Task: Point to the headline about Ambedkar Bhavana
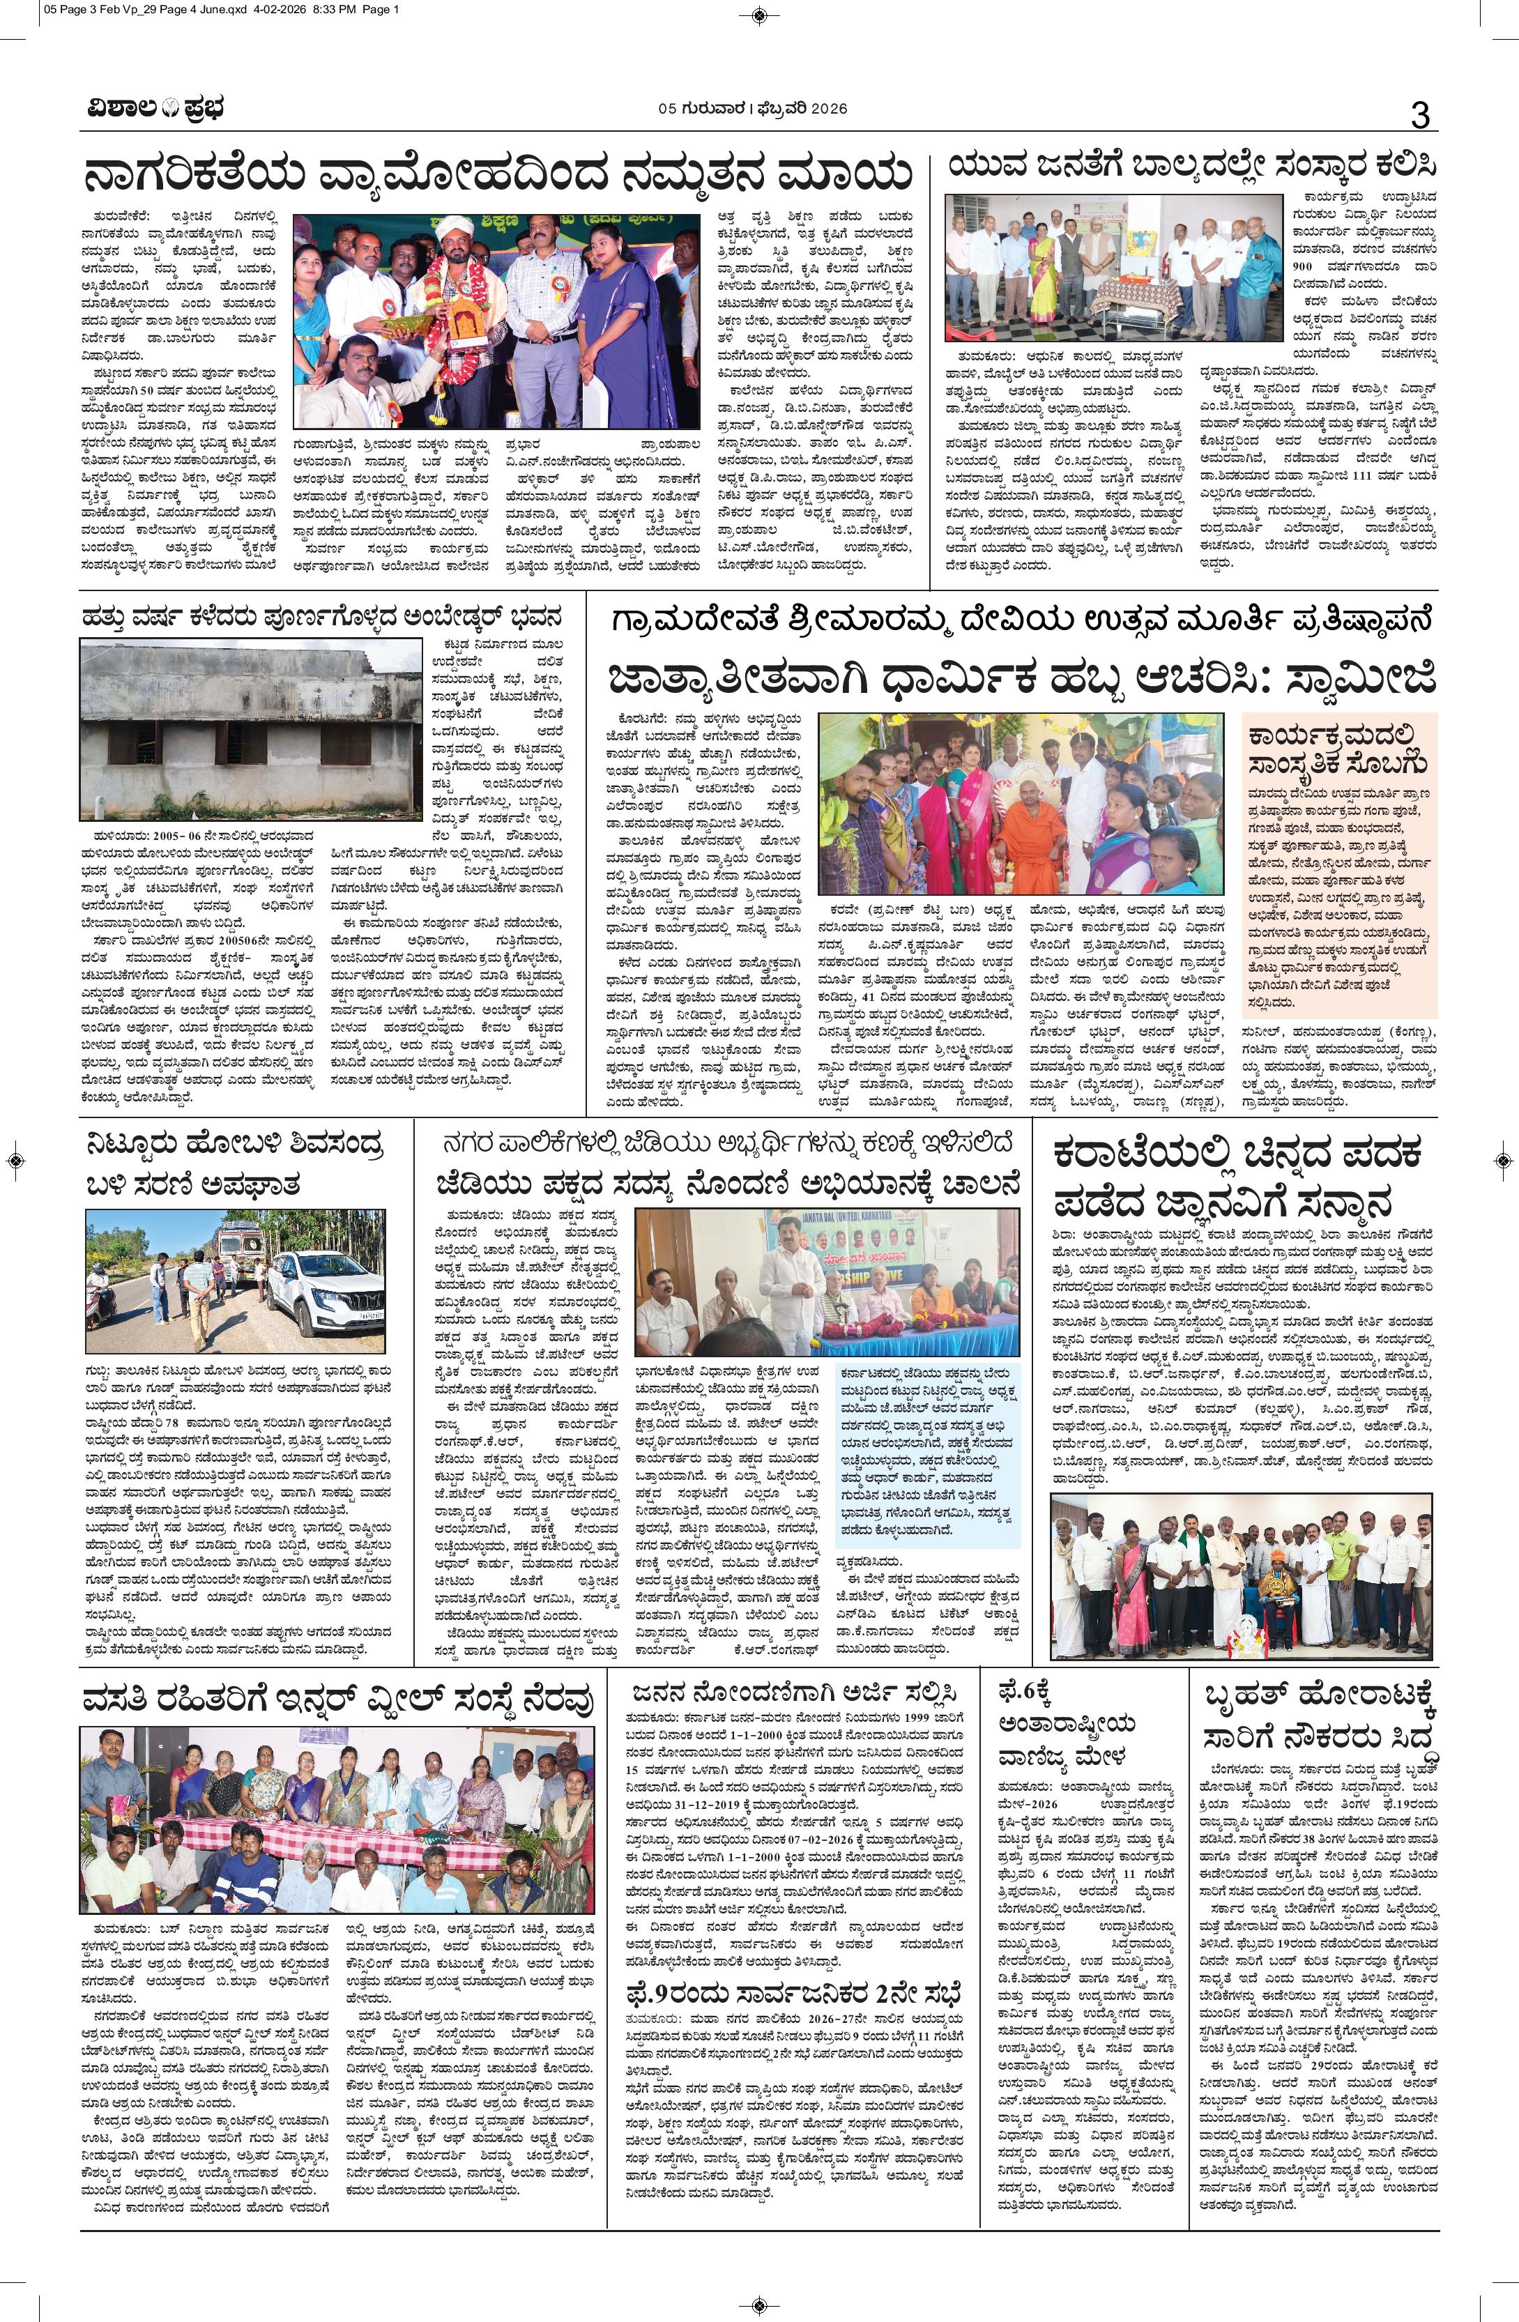[x=321, y=617]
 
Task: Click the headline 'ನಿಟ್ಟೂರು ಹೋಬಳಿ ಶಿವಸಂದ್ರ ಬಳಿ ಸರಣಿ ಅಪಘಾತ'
[x=241, y=1165]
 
